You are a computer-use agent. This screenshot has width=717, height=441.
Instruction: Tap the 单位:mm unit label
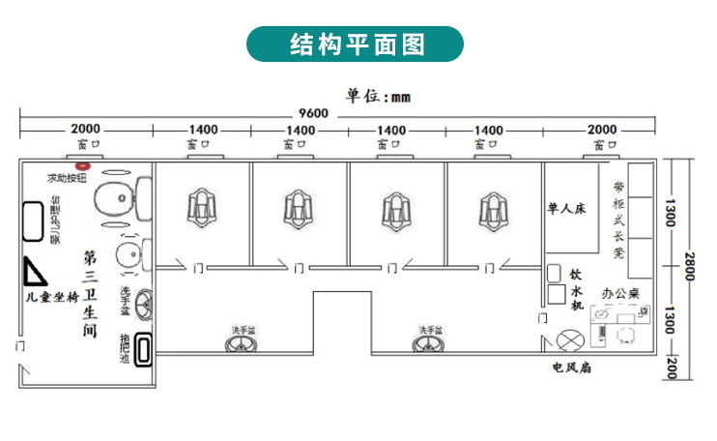[x=378, y=96]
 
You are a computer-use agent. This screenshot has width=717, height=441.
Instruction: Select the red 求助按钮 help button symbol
[x=82, y=166]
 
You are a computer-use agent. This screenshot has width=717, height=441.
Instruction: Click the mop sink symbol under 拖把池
[x=144, y=349]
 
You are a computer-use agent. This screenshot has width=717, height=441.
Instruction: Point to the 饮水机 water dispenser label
[x=576, y=290]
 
